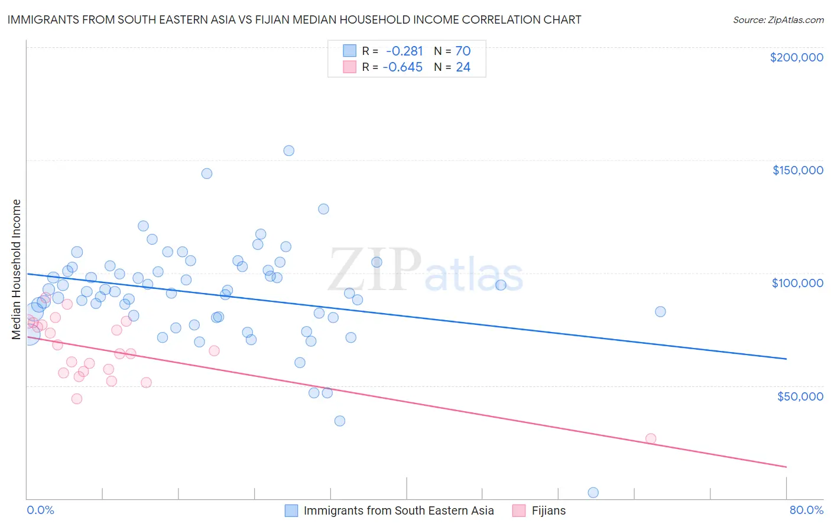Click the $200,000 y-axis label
point(796,57)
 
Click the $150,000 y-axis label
point(797,170)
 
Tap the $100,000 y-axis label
point(797,283)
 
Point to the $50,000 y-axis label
point(800,396)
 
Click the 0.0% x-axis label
point(40,510)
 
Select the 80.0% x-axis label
point(806,510)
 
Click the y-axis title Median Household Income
point(17,269)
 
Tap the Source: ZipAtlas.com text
point(778,20)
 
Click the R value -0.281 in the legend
point(404,51)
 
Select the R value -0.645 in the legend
point(402,67)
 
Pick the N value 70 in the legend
point(463,51)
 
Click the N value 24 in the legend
point(463,67)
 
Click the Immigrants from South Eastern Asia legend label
point(398,510)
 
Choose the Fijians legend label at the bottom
point(548,510)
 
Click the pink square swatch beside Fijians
point(519,510)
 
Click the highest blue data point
point(288,151)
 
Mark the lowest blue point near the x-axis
point(593,493)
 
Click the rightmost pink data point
point(651,438)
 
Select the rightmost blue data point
point(660,311)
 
